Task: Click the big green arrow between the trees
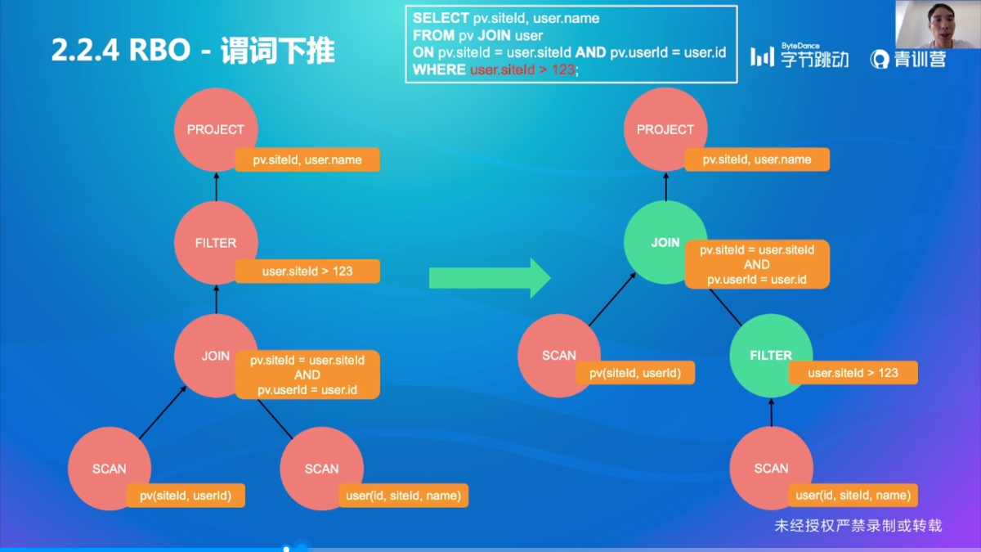[490, 278]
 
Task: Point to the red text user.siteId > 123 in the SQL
[522, 70]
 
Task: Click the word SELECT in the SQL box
[441, 18]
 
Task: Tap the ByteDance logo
[800, 56]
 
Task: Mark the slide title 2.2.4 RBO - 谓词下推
[193, 51]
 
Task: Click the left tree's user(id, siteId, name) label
[403, 495]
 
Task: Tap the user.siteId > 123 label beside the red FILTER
[307, 271]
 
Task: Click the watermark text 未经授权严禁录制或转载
[858, 526]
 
